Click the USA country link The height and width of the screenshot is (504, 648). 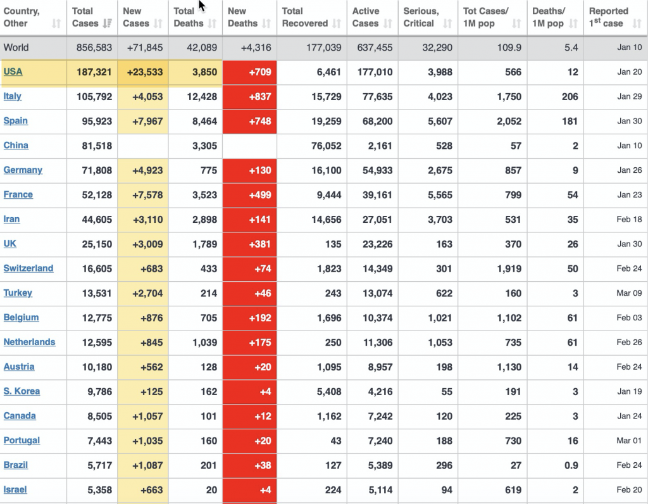pyautogui.click(x=13, y=72)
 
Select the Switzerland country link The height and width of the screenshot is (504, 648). pyautogui.click(x=28, y=268)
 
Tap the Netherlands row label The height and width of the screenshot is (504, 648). pyautogui.click(x=29, y=342)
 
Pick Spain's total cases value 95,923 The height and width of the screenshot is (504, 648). pyautogui.click(x=97, y=121)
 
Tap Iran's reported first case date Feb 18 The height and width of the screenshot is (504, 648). pyautogui.click(x=629, y=220)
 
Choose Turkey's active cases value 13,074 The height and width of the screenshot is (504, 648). pyautogui.click(x=377, y=293)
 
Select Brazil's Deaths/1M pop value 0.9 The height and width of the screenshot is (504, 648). pyautogui.click(x=571, y=465)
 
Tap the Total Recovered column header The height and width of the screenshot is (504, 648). pyautogui.click(x=304, y=18)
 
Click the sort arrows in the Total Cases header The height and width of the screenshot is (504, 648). pyautogui.click(x=108, y=24)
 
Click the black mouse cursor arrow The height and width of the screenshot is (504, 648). pyautogui.click(x=202, y=6)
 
